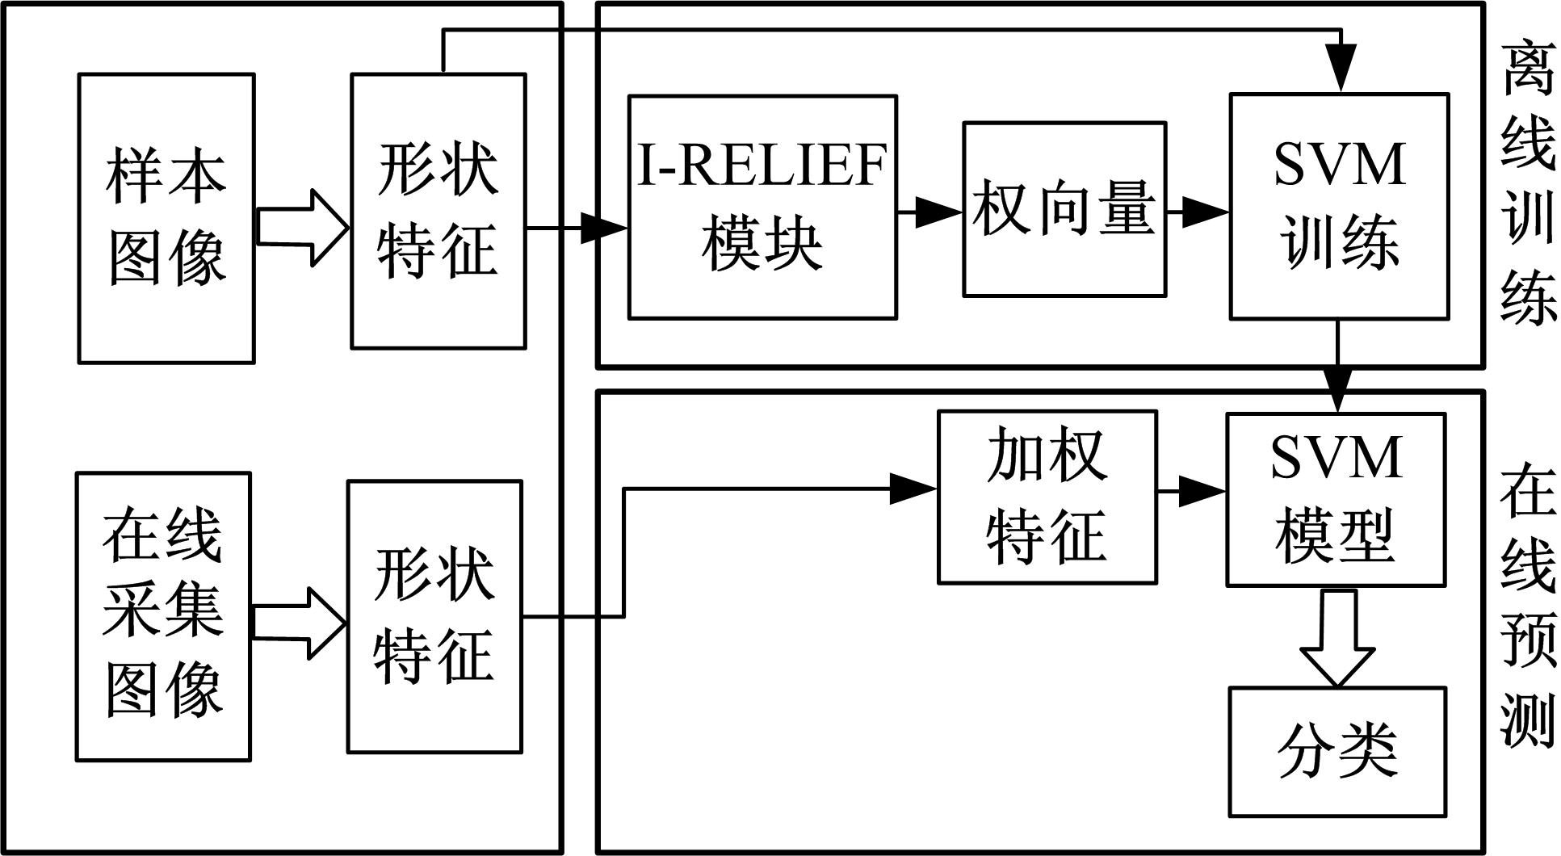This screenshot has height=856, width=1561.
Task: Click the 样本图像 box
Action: [166, 218]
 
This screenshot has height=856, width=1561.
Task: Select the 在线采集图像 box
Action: [163, 616]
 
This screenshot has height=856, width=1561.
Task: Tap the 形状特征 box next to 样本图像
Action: [439, 212]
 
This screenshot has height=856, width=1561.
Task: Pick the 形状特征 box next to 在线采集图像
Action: [435, 616]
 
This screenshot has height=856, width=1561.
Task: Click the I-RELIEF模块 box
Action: [762, 208]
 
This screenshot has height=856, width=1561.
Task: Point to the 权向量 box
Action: [1064, 210]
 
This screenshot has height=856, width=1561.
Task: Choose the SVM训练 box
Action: [1339, 207]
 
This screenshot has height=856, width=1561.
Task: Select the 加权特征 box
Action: [1047, 497]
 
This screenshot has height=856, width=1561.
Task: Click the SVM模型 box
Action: [1336, 499]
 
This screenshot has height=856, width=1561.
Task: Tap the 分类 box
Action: [1337, 751]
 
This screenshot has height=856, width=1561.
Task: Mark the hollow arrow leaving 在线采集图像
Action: [299, 623]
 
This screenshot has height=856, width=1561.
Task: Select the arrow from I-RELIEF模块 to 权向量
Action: [929, 213]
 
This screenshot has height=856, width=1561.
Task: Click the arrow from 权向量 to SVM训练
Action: [1198, 213]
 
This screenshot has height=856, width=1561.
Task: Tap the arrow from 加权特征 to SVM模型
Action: [1192, 490]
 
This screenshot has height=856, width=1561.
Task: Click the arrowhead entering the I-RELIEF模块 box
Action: [604, 229]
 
